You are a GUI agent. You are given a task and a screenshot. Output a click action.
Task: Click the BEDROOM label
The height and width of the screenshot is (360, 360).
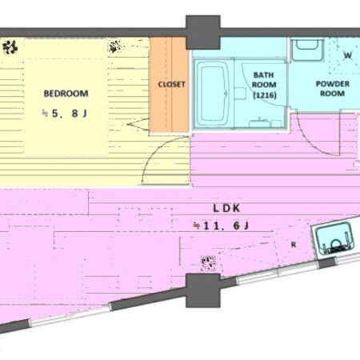click(x=66, y=94)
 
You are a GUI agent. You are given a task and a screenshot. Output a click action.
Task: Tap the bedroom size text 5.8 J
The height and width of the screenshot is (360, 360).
click(x=65, y=114)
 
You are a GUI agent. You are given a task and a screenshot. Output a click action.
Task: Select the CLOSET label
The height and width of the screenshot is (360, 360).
click(x=171, y=85)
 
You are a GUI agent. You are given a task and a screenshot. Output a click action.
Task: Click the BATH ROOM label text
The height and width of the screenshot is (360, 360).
click(x=264, y=80)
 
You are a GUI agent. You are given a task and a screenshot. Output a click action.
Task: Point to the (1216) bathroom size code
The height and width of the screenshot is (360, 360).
click(x=264, y=95)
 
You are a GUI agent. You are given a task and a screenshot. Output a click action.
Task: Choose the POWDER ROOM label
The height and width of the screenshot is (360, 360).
click(x=333, y=89)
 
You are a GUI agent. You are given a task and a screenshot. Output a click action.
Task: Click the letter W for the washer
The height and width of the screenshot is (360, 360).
click(x=347, y=55)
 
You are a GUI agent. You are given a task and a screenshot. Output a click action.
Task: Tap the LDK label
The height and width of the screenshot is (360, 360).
click(x=226, y=208)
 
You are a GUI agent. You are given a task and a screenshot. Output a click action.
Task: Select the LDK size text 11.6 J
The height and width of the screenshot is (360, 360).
click(x=222, y=226)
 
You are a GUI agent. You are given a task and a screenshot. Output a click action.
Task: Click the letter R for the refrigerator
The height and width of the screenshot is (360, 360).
click(x=294, y=245)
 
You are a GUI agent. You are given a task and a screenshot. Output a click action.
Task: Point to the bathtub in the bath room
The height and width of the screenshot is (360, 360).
click(x=212, y=94)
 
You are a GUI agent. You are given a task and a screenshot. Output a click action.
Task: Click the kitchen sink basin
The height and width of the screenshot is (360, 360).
click(x=334, y=238)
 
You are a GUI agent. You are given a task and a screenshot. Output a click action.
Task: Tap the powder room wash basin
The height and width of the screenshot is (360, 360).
click(x=307, y=50)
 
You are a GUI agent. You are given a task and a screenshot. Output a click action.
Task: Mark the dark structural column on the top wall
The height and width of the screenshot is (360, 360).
click(x=203, y=32)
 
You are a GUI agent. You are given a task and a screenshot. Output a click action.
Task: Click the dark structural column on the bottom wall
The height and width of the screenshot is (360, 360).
click(x=203, y=290)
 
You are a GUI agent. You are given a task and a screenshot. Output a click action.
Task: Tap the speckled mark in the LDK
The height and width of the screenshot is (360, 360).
click(x=208, y=263)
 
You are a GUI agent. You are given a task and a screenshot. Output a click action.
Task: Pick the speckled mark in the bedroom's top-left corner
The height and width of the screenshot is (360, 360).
click(x=10, y=47)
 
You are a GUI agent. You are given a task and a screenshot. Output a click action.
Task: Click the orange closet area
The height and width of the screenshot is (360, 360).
click(x=169, y=85)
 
